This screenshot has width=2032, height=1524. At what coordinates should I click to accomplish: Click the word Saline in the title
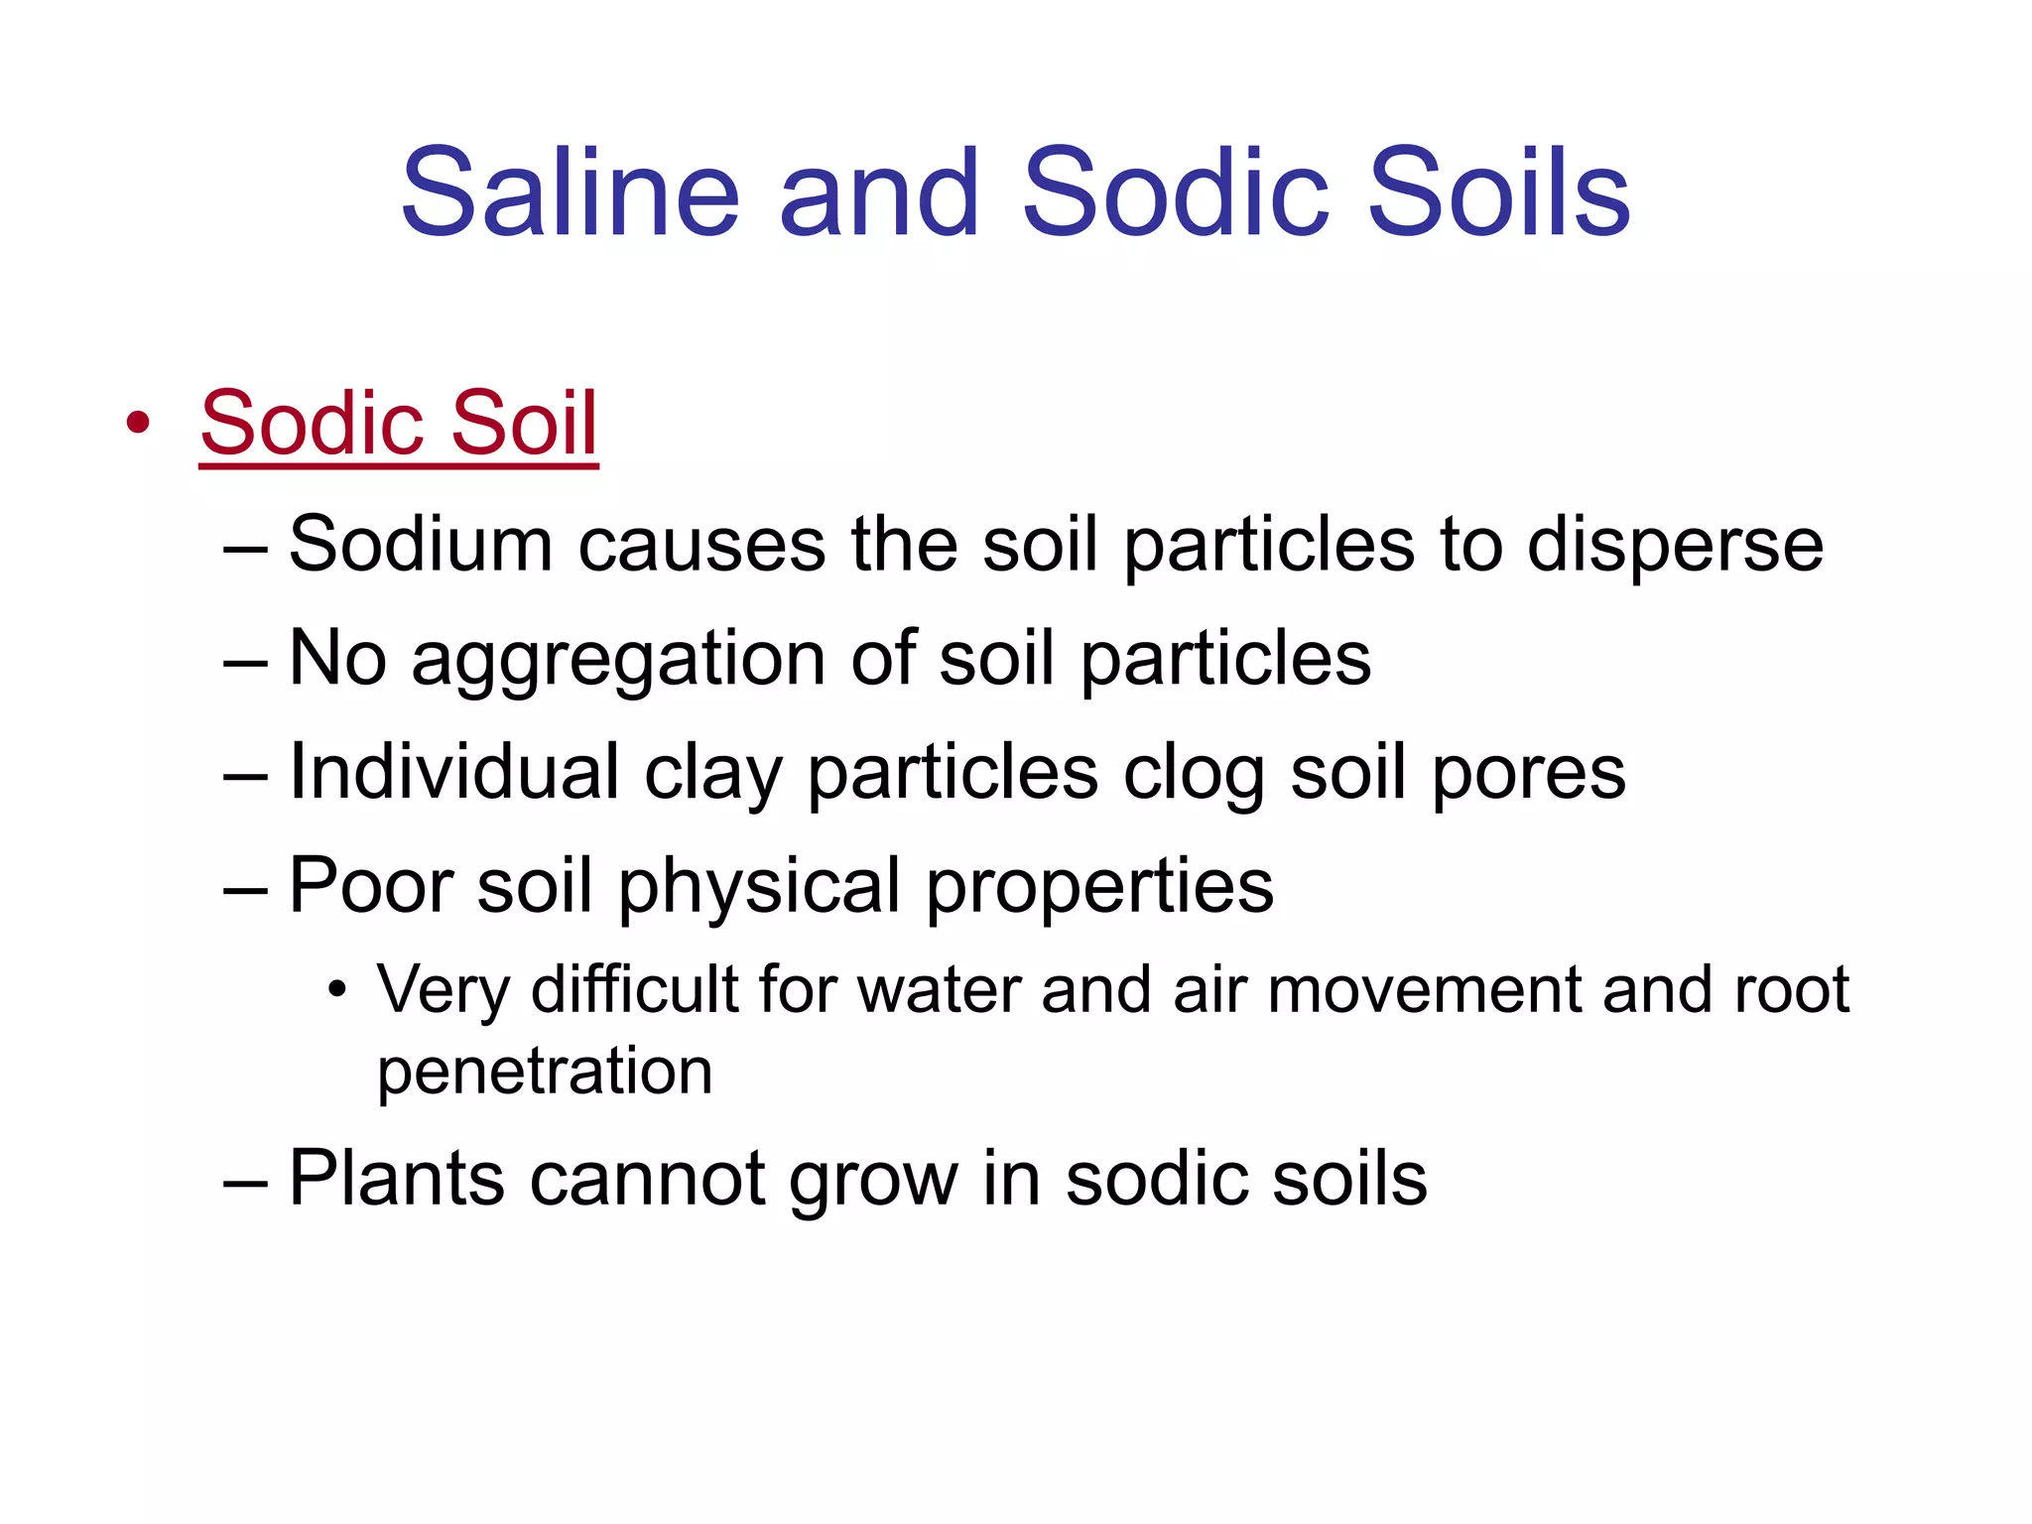coord(571,192)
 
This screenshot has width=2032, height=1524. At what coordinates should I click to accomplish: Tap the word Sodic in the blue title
coord(1175,192)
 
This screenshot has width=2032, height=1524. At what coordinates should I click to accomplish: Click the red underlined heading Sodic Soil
coord(399,424)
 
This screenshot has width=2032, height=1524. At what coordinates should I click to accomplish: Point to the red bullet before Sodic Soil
coord(138,424)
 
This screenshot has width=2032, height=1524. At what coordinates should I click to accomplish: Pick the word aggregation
coord(617,661)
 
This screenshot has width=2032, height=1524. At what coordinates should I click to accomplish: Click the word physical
coord(759,886)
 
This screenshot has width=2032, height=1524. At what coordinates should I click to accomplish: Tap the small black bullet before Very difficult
coord(337,990)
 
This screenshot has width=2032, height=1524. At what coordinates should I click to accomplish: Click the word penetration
coord(545,1072)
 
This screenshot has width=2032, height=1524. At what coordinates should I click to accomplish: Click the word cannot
coord(647,1179)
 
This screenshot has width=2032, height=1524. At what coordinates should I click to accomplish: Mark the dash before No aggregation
coord(245,661)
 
